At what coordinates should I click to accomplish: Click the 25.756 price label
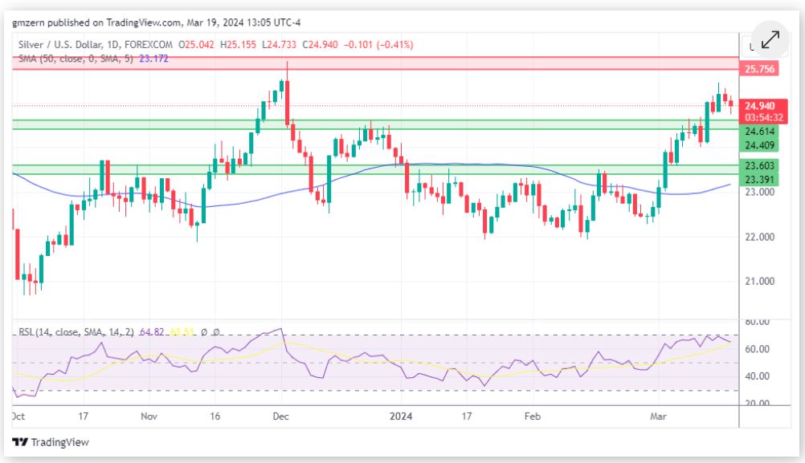pos(759,70)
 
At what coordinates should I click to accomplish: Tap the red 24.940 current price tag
pos(759,106)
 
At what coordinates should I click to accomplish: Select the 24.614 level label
pos(759,132)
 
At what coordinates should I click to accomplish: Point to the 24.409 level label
pos(759,145)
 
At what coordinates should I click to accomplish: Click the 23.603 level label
pos(759,166)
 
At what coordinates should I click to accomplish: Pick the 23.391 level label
pos(759,180)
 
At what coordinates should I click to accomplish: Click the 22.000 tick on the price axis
pos(759,237)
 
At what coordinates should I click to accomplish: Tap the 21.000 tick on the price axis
pos(759,282)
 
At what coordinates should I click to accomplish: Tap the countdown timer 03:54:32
pos(759,118)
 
